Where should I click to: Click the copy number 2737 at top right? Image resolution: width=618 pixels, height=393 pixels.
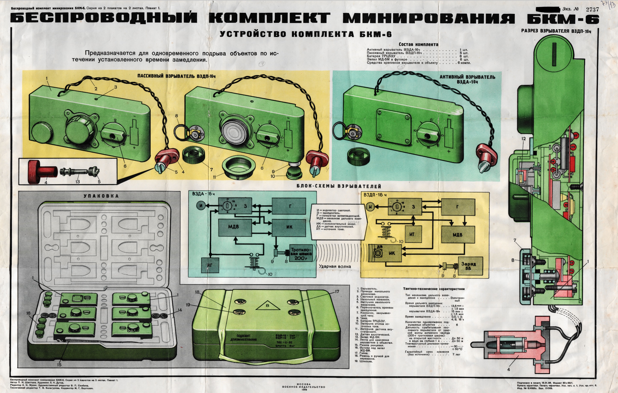point(592,9)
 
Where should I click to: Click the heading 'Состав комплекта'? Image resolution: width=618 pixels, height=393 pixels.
point(418,44)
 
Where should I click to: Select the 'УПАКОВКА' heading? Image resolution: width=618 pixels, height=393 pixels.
point(101,196)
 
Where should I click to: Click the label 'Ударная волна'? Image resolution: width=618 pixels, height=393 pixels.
point(335,266)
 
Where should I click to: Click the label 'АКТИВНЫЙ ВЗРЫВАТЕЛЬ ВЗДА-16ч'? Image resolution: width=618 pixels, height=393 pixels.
point(467,79)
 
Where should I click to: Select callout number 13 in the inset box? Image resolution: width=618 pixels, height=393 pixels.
point(78,182)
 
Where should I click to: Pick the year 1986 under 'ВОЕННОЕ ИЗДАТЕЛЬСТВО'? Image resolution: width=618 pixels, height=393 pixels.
point(304,389)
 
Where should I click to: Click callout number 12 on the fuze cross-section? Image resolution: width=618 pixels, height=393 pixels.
point(524,139)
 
